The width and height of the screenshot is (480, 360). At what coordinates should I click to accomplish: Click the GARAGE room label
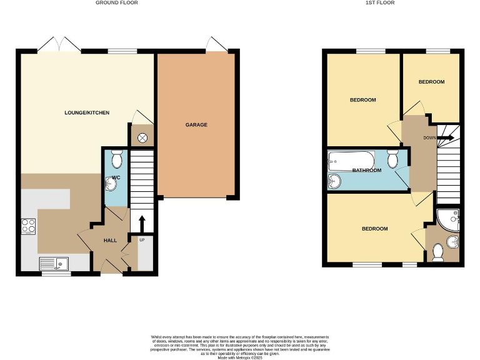[x=196, y=125]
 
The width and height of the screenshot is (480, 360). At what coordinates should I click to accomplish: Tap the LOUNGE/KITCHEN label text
[x=87, y=113]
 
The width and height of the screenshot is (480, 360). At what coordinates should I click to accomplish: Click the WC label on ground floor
[x=116, y=178]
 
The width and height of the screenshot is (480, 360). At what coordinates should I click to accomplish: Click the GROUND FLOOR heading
[x=117, y=3]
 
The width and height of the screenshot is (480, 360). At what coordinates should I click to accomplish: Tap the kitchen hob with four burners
[x=29, y=226]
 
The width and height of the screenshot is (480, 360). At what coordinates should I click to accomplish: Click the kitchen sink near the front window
[x=55, y=263]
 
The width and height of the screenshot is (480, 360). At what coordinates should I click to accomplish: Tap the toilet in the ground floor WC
[x=116, y=157]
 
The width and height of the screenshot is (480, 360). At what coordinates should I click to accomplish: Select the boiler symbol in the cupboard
[x=142, y=137]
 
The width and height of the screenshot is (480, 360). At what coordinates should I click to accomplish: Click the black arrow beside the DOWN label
[x=446, y=138]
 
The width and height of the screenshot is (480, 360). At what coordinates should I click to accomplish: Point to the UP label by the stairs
[x=141, y=240]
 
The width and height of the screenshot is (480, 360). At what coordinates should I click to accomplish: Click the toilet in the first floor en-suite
[x=438, y=252]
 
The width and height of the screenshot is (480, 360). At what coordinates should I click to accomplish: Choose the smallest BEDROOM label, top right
[x=431, y=82]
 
